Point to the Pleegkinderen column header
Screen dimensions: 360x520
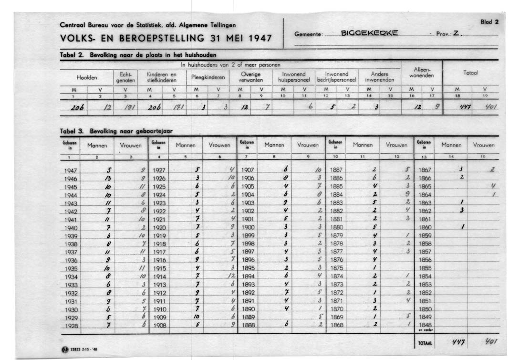(x=208, y=77)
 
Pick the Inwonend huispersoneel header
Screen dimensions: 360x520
(x=293, y=77)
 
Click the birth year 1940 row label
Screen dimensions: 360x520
(x=70, y=228)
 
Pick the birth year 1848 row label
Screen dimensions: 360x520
(x=425, y=325)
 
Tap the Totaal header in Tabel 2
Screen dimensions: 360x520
(x=470, y=73)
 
